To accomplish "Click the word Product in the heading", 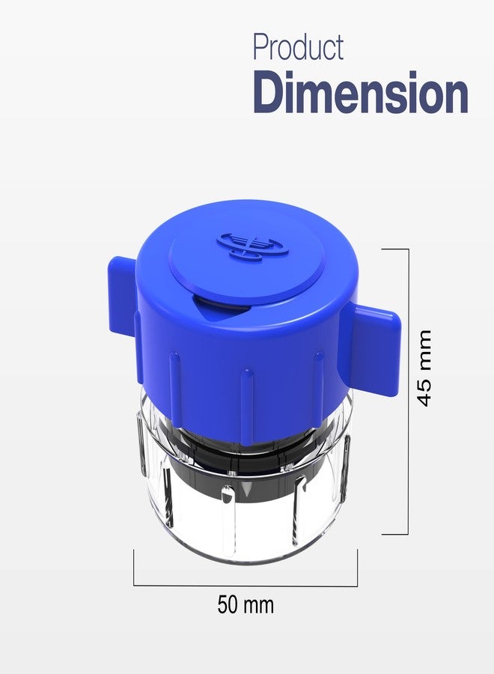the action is click(x=298, y=47).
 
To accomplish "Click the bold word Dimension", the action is click(x=361, y=92).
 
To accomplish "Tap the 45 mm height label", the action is click(x=424, y=368).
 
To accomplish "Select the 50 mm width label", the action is click(x=246, y=604).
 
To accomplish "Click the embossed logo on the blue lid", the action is click(x=251, y=246).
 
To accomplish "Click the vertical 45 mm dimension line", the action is click(x=408, y=392).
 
